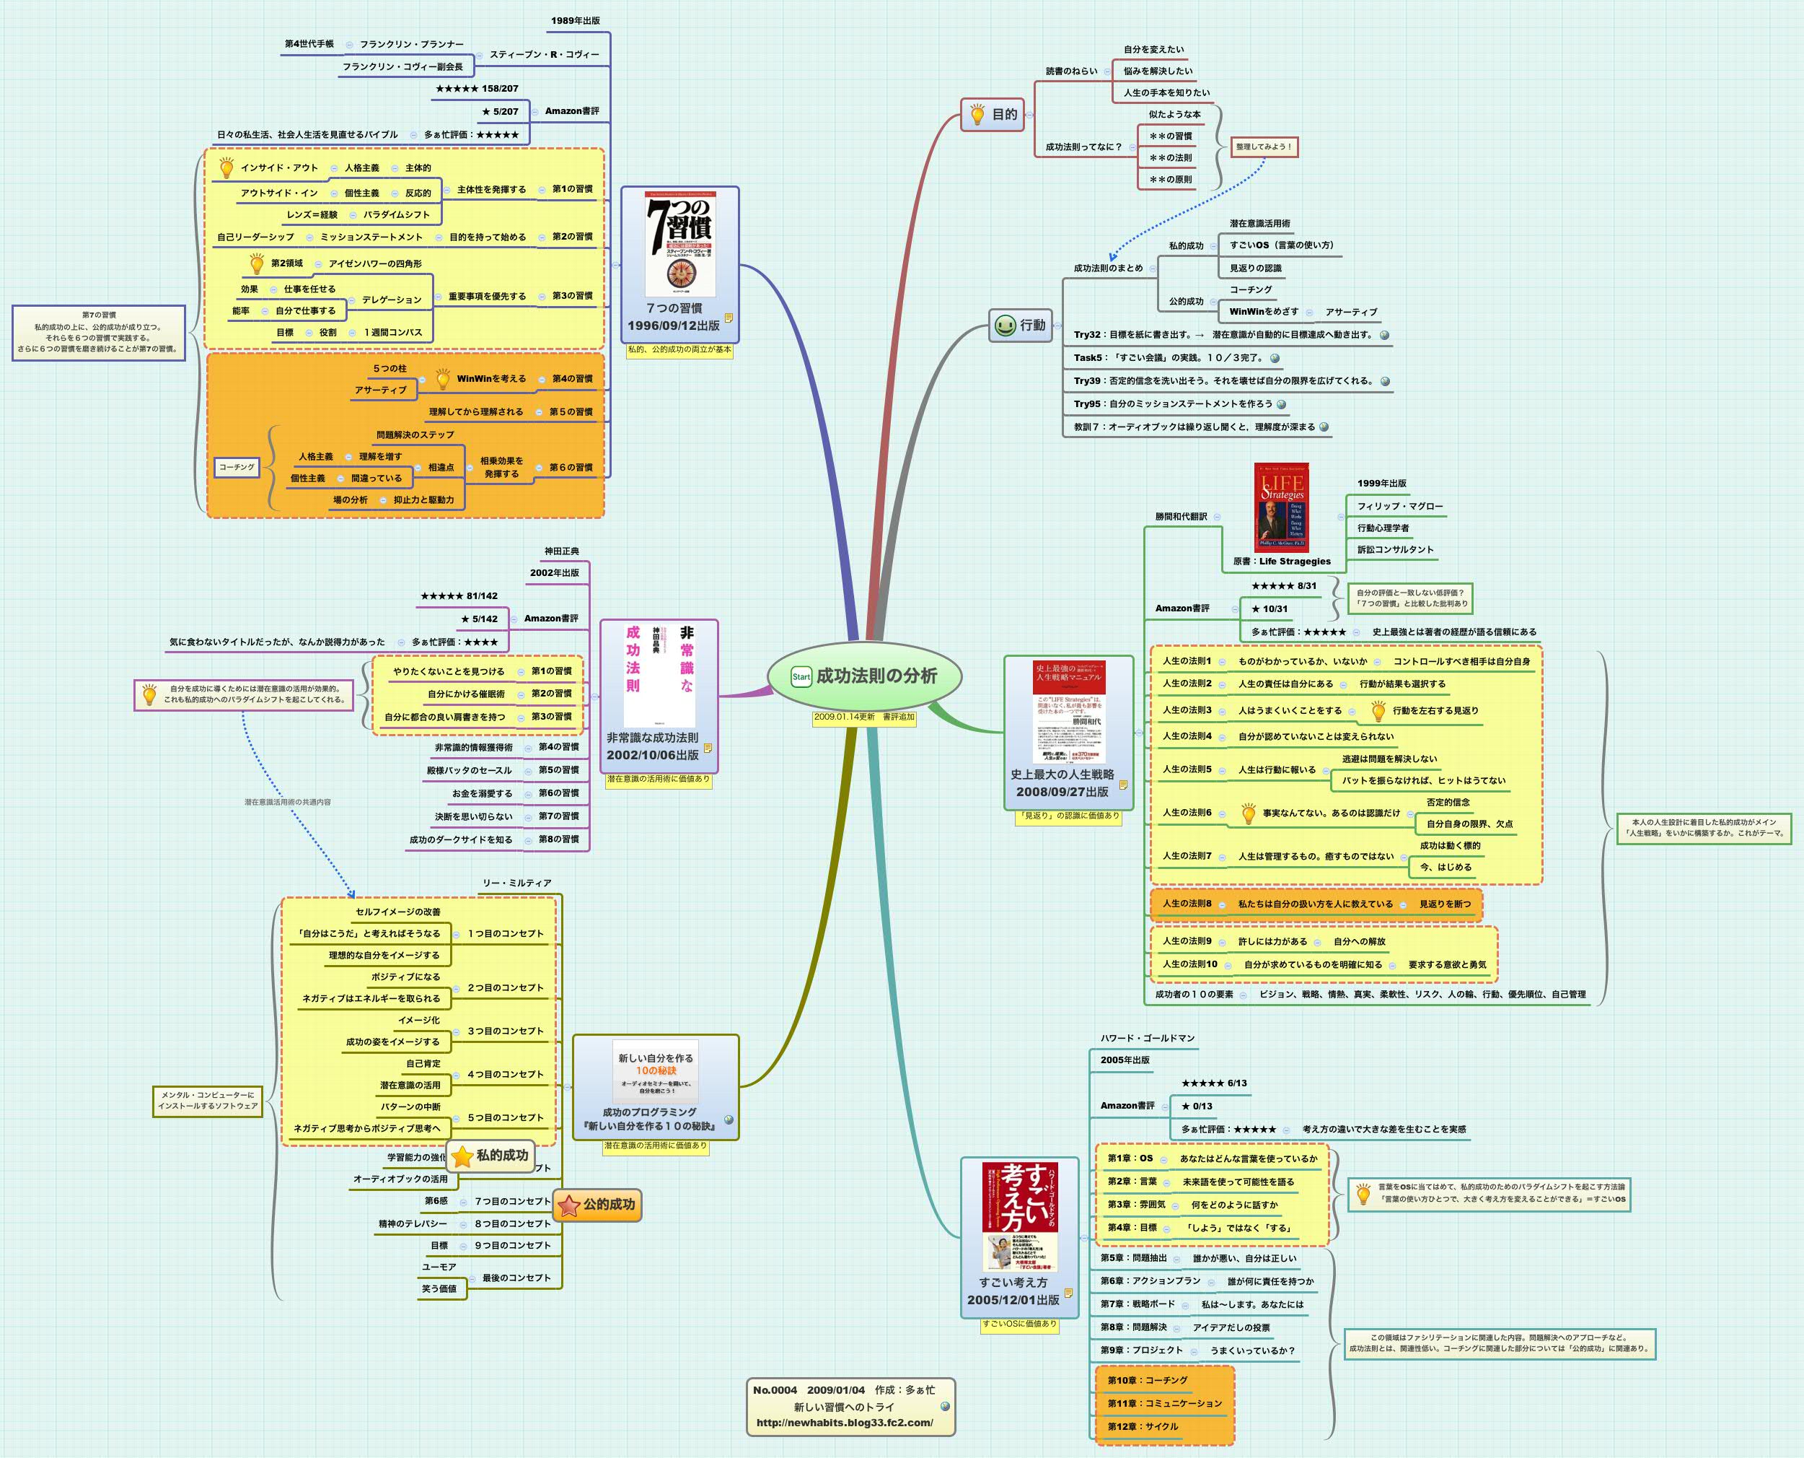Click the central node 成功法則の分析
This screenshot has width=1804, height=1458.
coord(876,676)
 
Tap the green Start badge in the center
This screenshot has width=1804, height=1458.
coord(801,676)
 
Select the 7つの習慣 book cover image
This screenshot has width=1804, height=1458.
coord(680,243)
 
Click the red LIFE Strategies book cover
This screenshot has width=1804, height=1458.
coord(1281,507)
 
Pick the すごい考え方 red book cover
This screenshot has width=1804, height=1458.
coord(1019,1216)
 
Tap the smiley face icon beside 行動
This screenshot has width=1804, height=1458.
coord(1004,325)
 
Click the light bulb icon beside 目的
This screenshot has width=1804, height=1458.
coord(977,114)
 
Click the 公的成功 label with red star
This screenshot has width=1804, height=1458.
coord(598,1205)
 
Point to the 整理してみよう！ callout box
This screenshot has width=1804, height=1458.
coord(1264,147)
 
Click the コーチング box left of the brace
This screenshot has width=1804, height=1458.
coord(236,467)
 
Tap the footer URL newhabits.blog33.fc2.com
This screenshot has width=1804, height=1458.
coord(844,1423)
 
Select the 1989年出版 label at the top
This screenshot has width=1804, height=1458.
coord(575,20)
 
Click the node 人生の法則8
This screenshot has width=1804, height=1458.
coord(1186,904)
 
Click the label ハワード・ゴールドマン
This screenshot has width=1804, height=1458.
coord(1147,1038)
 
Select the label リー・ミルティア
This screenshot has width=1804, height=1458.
coord(516,883)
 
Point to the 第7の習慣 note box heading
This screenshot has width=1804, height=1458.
coord(99,315)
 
